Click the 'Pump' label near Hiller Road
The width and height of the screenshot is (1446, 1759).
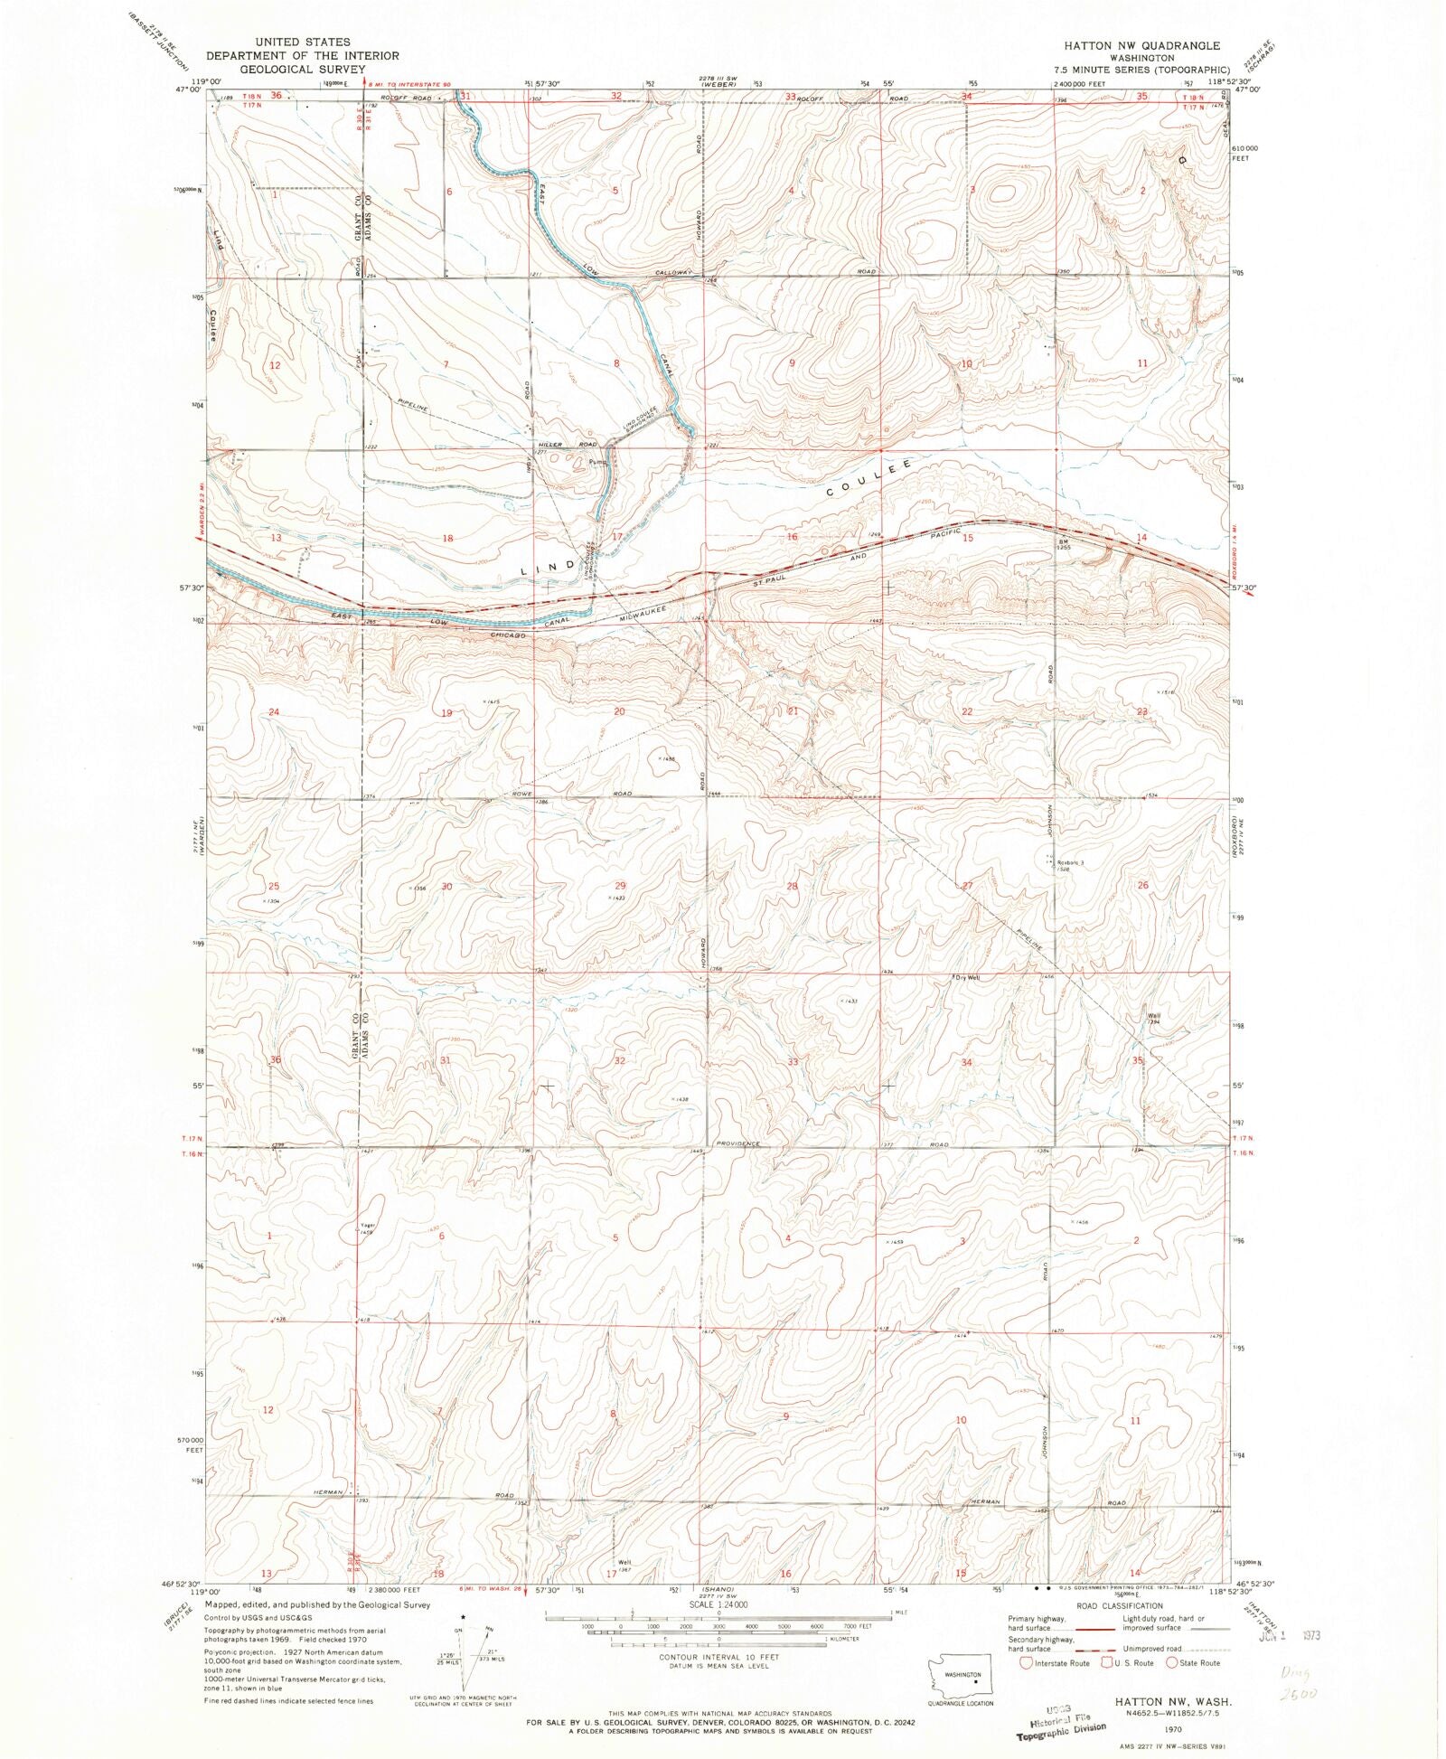click(596, 462)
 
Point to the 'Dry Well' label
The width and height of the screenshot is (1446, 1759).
click(966, 978)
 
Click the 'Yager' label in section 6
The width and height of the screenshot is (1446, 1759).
click(367, 1226)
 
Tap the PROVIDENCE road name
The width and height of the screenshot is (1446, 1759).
click(738, 1143)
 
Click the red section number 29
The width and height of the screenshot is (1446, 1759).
click(619, 886)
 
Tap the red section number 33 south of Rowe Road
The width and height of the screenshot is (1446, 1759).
click(793, 1061)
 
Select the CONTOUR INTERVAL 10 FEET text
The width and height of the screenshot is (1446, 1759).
click(718, 1657)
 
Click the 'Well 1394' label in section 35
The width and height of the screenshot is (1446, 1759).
click(1154, 1019)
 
